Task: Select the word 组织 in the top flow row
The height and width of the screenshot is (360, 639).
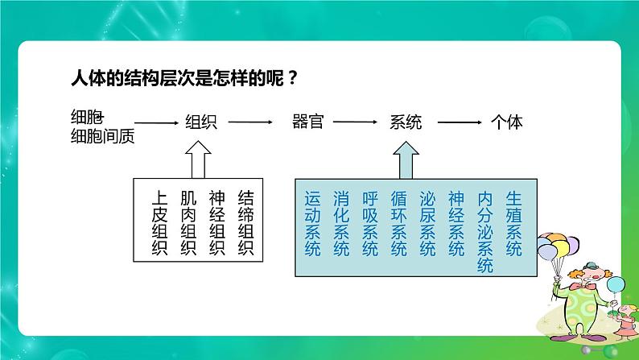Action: click(x=202, y=123)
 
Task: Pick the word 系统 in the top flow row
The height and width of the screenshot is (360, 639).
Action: click(x=406, y=123)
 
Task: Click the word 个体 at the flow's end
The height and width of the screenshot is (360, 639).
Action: click(x=507, y=123)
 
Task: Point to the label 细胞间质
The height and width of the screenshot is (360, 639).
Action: click(x=102, y=136)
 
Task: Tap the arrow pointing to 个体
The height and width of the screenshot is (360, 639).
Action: click(x=459, y=123)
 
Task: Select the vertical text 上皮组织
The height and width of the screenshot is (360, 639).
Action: click(x=159, y=223)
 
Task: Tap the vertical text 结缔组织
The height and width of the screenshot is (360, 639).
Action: click(x=245, y=223)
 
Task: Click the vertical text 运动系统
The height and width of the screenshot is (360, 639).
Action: click(x=313, y=223)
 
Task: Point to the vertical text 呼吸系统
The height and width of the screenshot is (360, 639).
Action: click(x=369, y=223)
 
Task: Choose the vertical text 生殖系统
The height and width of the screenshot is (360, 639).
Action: click(x=513, y=223)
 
